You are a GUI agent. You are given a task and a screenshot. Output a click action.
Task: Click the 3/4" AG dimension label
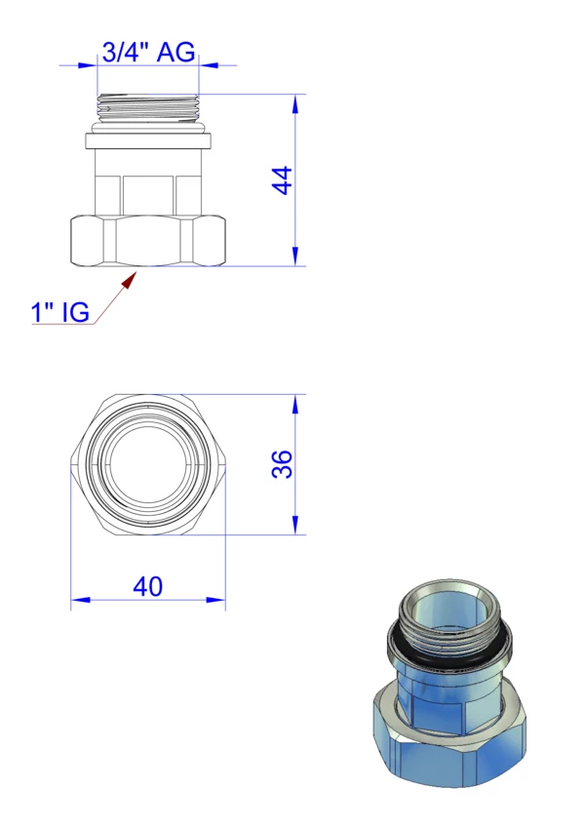148,53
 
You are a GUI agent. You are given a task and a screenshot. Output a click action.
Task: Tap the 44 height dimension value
282,180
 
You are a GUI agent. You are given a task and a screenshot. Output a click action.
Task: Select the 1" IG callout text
60,312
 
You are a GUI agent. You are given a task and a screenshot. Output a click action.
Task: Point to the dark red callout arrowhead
128,281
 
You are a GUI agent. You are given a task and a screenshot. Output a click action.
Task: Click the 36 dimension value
282,464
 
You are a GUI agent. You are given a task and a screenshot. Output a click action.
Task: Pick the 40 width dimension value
147,586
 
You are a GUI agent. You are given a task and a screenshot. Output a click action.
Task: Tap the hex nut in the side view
148,241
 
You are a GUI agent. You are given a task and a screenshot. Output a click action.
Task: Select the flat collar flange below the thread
149,141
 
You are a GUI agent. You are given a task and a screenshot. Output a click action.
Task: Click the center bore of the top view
148,464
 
